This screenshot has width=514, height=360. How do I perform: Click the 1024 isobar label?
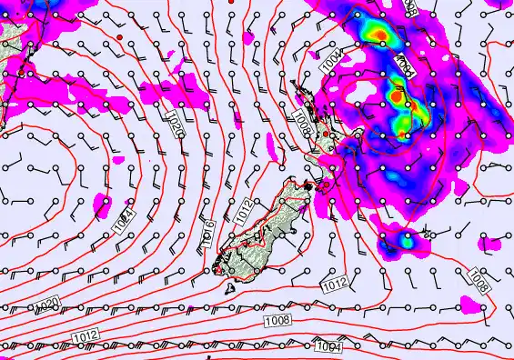(126, 219)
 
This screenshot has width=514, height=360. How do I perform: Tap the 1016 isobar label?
(208, 230)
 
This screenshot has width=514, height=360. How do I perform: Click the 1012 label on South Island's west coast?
(241, 210)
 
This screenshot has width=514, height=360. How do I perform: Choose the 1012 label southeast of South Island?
(334, 285)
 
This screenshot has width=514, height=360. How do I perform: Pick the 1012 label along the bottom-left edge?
(86, 336)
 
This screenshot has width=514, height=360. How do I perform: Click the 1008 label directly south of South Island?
(277, 320)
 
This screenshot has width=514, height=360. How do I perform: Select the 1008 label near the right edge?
(479, 281)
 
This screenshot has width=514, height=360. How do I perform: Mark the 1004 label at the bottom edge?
(327, 346)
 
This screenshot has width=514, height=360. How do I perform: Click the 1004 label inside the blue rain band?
(406, 65)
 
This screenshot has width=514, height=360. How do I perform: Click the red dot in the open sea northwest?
(119, 37)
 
